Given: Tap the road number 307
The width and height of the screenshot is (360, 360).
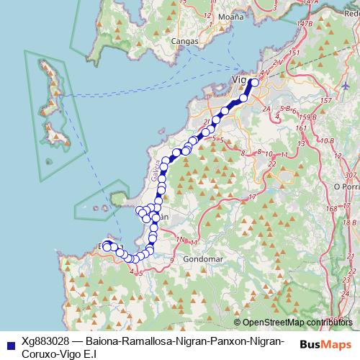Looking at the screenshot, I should (351, 175).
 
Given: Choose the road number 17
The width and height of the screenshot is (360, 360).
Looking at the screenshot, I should (252, 197).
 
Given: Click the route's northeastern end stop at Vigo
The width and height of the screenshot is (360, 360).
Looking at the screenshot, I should (254, 82).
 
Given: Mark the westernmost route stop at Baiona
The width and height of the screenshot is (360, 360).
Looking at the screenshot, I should (107, 247).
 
